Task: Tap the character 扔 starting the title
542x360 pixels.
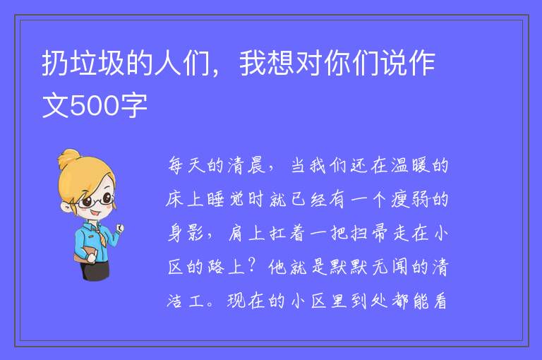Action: [x=55, y=63]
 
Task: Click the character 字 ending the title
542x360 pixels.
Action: [x=134, y=105]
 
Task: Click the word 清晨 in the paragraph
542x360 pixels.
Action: [x=246, y=165]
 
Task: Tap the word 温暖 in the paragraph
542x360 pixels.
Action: [x=410, y=165]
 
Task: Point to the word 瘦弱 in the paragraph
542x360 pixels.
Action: [x=410, y=199]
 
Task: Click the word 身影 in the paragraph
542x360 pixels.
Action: [x=186, y=233]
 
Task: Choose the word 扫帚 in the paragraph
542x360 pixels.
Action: [x=369, y=233]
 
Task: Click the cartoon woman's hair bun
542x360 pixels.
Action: [x=68, y=158]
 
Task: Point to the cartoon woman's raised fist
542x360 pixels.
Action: [x=119, y=228]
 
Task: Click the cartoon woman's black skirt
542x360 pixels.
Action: [x=96, y=270]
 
